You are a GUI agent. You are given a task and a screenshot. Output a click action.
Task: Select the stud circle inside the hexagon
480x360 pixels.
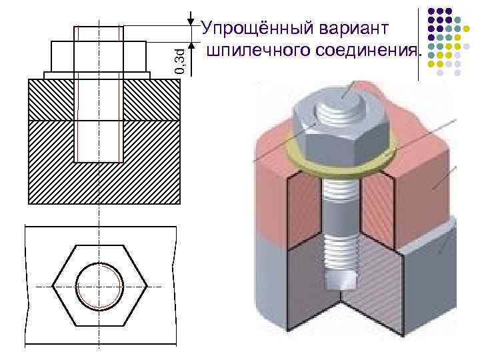click(x=100, y=287)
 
